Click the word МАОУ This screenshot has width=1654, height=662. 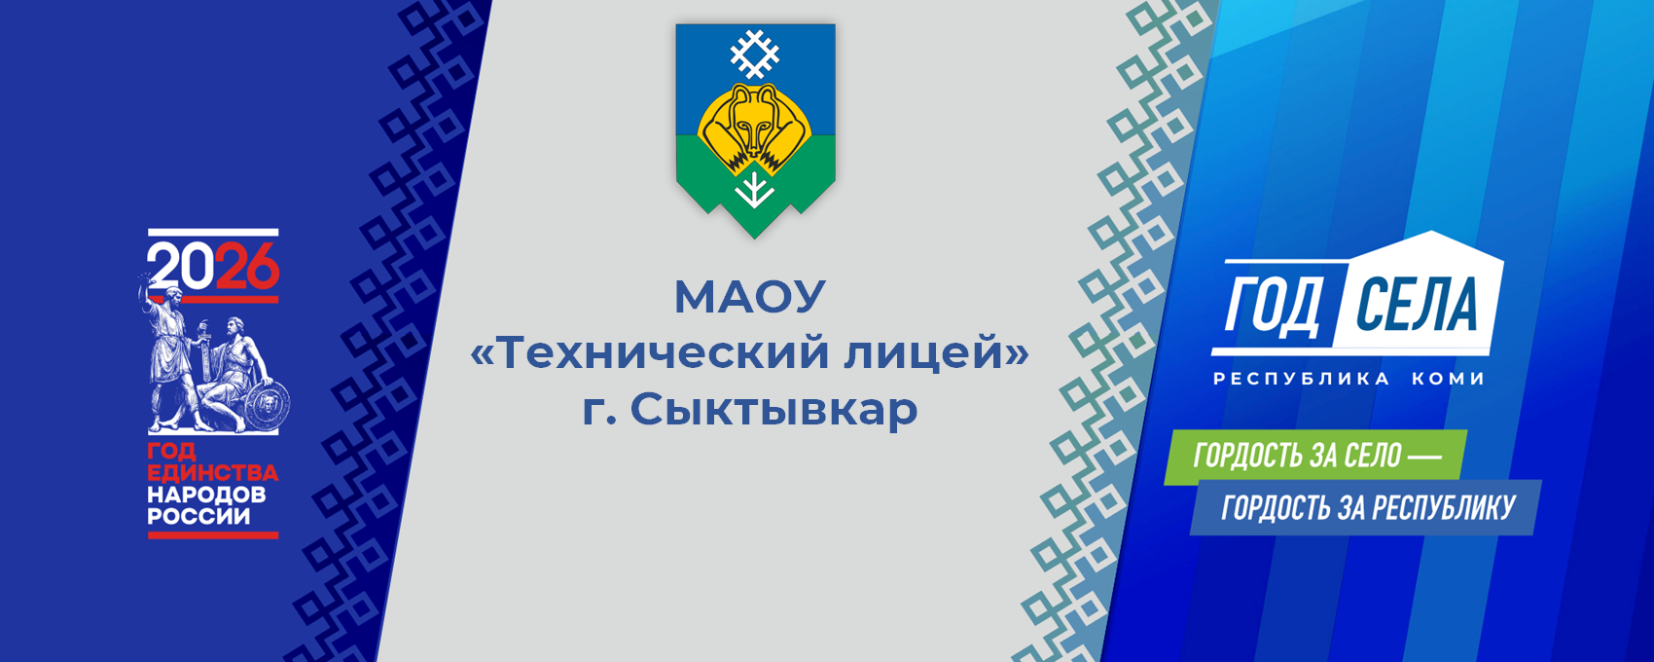[x=749, y=296]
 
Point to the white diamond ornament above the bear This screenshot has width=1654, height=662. [x=754, y=54]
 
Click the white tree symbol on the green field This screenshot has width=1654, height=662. [x=754, y=189]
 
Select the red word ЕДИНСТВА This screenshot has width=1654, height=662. [x=213, y=472]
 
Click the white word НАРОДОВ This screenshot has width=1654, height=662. [x=206, y=495]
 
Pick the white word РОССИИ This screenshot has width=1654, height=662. [x=199, y=516]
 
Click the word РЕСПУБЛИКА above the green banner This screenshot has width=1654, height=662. [x=1302, y=379]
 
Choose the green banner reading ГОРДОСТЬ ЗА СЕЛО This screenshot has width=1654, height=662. [x=1315, y=458]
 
